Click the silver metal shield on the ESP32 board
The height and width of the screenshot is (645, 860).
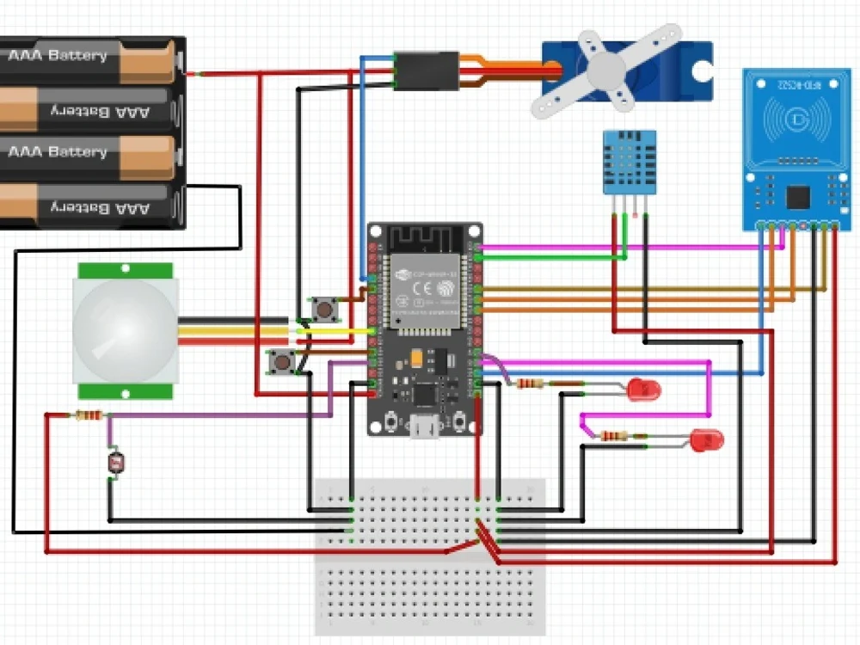click(x=425, y=287)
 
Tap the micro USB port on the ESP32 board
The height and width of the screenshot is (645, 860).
click(x=425, y=424)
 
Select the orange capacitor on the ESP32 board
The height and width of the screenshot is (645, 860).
click(x=416, y=355)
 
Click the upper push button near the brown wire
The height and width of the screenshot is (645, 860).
click(x=323, y=308)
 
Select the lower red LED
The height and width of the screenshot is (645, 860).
click(x=708, y=441)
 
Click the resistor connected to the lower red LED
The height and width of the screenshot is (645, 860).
click(x=612, y=436)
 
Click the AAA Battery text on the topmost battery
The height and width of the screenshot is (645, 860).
click(x=58, y=56)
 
